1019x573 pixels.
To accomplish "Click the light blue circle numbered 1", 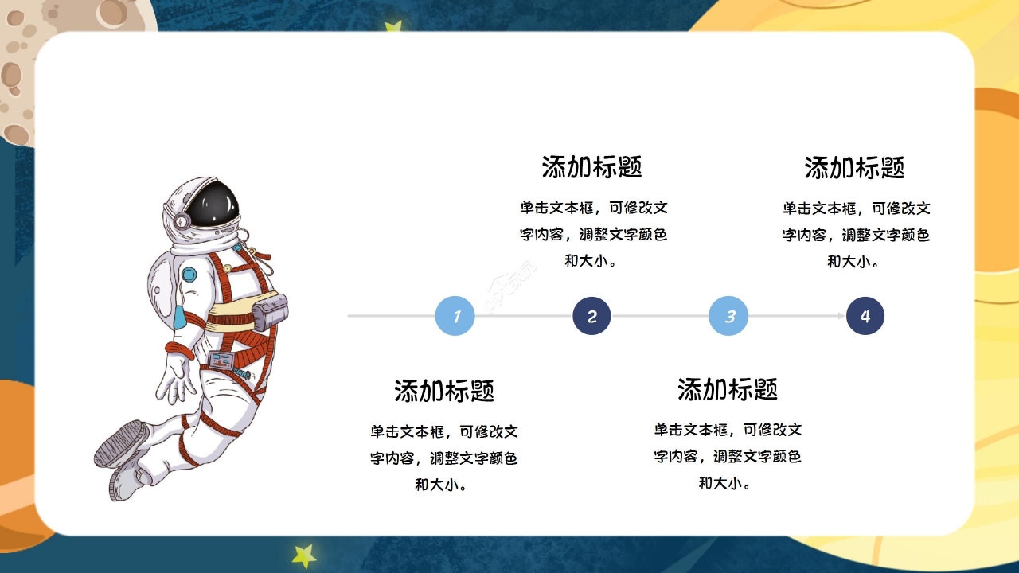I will pos(455,316).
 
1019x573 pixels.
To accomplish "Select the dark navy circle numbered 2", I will pos(591,316).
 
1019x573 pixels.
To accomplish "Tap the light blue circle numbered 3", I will pos(728,316).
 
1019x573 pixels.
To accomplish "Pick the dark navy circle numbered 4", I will pos(865,316).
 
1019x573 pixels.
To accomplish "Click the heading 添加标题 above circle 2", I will pos(591,167).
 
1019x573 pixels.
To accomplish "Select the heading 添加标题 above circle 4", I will pos(854,168).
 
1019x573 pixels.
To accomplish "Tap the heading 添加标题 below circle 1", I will pos(444,391).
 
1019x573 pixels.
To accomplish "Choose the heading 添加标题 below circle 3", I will pos(728,389).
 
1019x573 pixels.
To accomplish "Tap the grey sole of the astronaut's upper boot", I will pos(119,442).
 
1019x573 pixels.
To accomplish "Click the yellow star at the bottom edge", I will pos(304,555).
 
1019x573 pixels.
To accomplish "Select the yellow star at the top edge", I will pos(392,28).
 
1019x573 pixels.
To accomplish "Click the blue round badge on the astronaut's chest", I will pos(189,275).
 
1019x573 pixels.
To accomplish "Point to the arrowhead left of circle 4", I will pos(840,316).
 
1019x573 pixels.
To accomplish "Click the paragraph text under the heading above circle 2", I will pos(592,234).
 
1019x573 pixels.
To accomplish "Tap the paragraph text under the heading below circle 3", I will pos(728,456).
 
